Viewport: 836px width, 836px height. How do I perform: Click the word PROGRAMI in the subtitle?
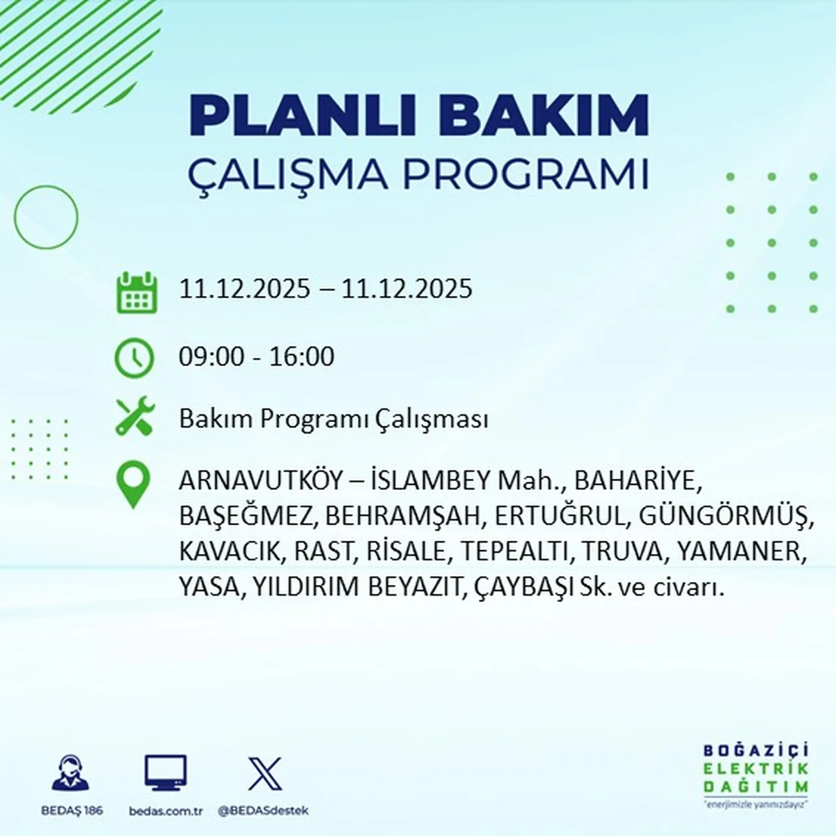(x=525, y=174)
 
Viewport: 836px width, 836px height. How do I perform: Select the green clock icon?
(x=135, y=359)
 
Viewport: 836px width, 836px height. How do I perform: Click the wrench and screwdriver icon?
(x=135, y=417)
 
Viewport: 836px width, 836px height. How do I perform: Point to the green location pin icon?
(x=133, y=485)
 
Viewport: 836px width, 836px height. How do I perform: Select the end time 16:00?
(x=302, y=357)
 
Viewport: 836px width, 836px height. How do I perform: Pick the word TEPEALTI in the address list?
(x=513, y=551)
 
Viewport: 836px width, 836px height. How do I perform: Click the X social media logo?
(x=265, y=774)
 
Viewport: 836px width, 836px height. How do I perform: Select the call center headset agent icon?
(x=71, y=773)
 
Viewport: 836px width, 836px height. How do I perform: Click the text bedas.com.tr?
(x=166, y=811)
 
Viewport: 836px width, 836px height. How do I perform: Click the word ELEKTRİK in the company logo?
(x=756, y=769)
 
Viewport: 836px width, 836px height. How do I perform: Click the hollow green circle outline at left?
(x=46, y=217)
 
